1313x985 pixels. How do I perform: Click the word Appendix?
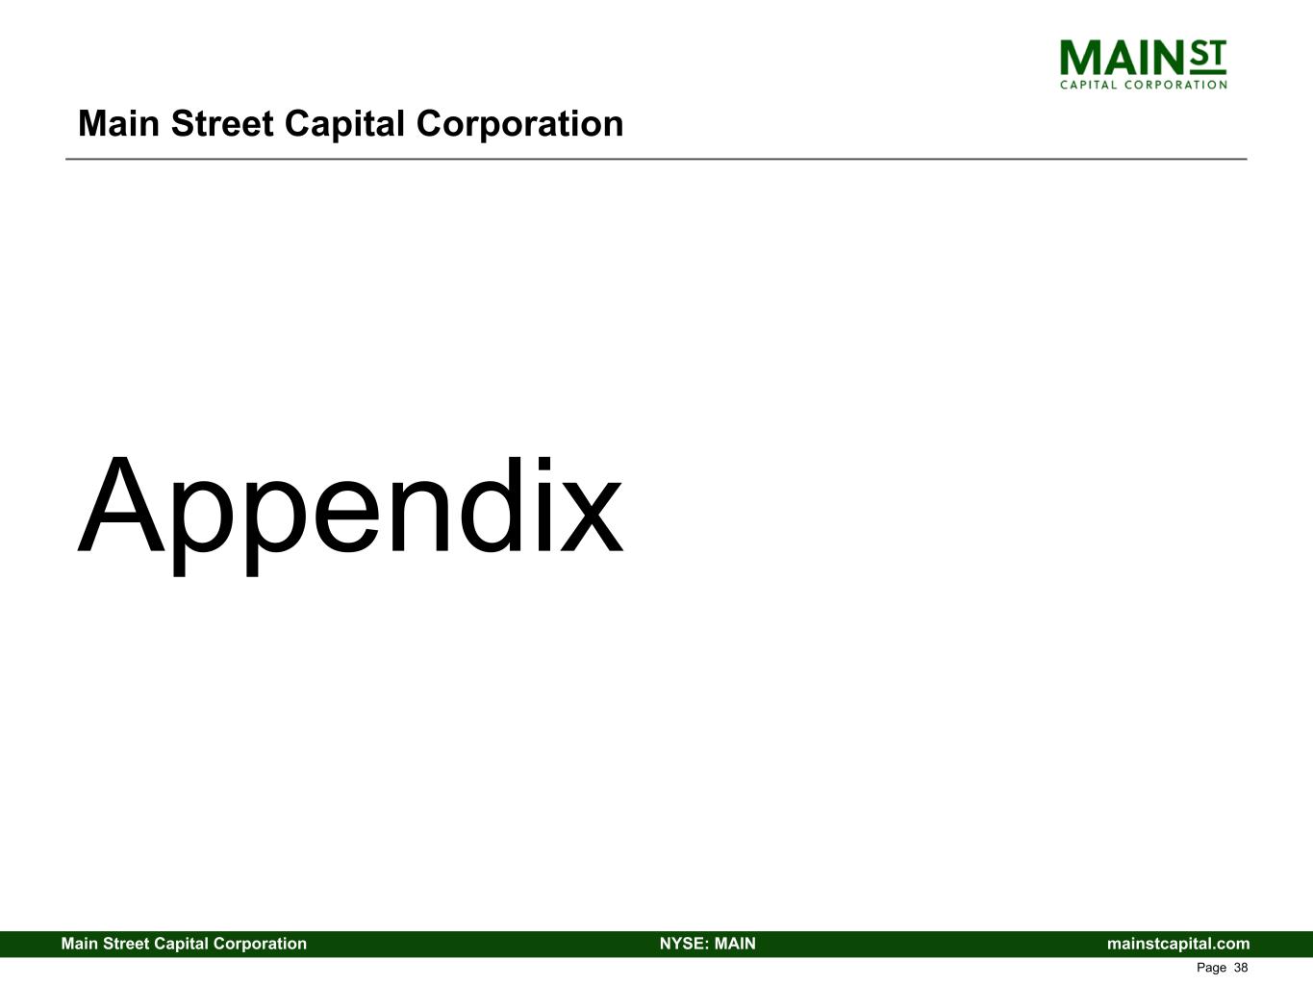(350, 508)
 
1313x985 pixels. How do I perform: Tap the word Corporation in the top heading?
(519, 124)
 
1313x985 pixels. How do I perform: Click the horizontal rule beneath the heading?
(656, 159)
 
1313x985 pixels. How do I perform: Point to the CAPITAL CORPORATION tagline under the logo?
(1143, 85)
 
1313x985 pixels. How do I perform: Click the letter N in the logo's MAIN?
(1168, 59)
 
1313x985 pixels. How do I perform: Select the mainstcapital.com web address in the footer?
(1178, 944)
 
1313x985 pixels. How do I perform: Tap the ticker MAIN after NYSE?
(735, 944)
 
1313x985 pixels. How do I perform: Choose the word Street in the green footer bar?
(125, 944)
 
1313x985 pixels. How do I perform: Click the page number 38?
(1240, 968)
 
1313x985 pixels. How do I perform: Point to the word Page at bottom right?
(1211, 968)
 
